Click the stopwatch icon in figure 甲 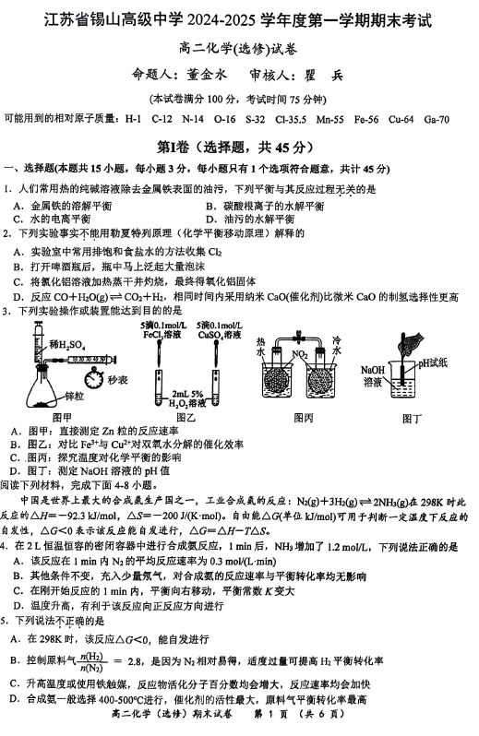[x=95, y=378]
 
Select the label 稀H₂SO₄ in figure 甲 [x=67, y=346]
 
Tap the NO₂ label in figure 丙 [x=299, y=354]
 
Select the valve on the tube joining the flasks [x=298, y=337]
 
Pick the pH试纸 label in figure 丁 [x=432, y=362]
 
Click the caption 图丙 [x=303, y=418]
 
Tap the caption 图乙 [x=186, y=417]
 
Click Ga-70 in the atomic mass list [x=437, y=119]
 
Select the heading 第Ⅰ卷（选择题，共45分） [x=234, y=148]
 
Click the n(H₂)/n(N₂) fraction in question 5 [x=91, y=662]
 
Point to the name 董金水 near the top [x=206, y=75]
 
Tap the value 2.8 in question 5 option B [x=135, y=661]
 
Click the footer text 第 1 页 [x=270, y=714]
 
